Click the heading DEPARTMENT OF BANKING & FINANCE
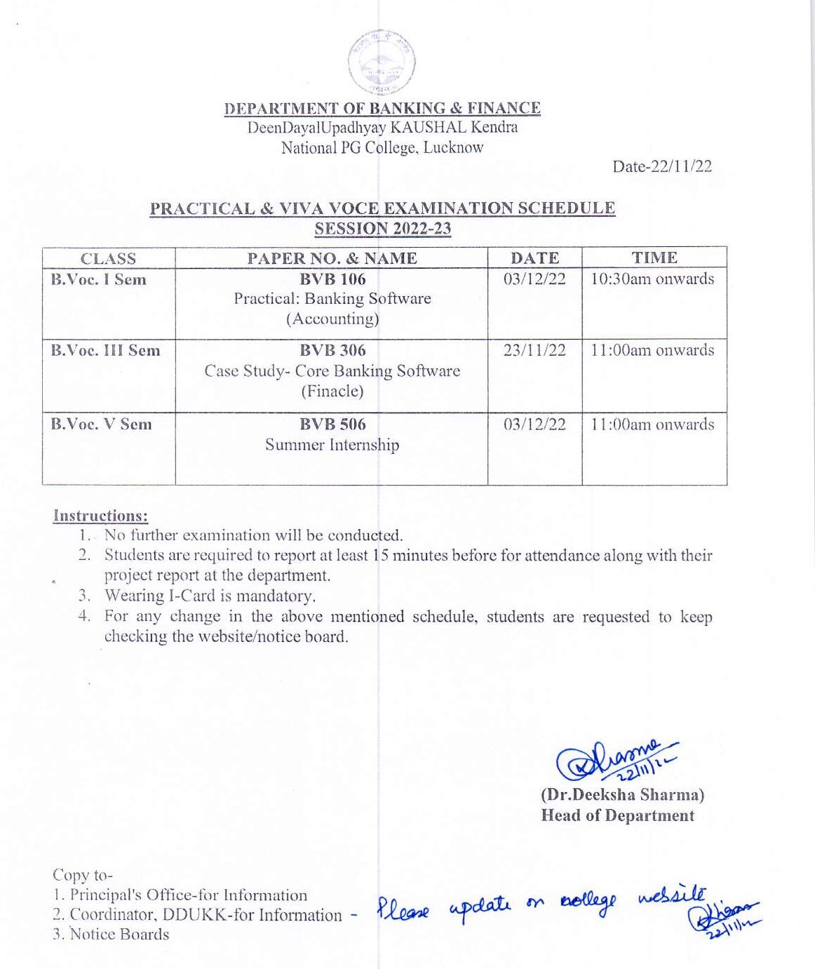(x=382, y=109)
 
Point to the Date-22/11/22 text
(x=661, y=166)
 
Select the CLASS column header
(x=108, y=258)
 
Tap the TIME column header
(x=654, y=258)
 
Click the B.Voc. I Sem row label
(x=99, y=279)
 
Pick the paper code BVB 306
(x=332, y=350)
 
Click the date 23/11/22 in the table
(x=534, y=350)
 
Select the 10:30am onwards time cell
(x=652, y=279)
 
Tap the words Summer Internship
(x=332, y=445)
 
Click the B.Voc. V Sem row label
(x=101, y=424)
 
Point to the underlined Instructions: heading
(x=100, y=516)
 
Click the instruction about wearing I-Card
(x=210, y=596)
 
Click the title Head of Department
(x=617, y=815)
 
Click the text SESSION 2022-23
(x=382, y=229)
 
